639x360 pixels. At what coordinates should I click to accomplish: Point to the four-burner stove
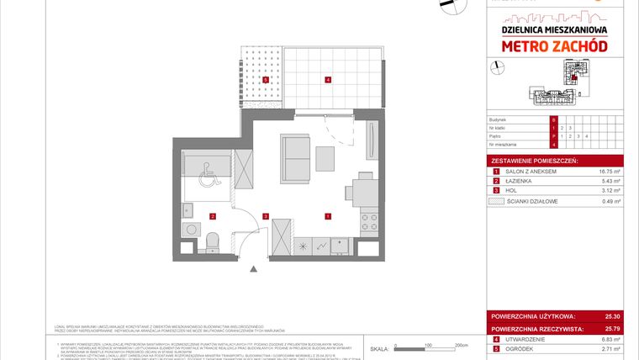pyautogui.click(x=369, y=223)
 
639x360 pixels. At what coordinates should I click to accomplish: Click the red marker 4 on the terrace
pyautogui.click(x=328, y=80)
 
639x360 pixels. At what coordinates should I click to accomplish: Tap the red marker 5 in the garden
pyautogui.click(x=266, y=80)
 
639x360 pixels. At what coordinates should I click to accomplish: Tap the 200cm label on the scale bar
pyautogui.click(x=460, y=345)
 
